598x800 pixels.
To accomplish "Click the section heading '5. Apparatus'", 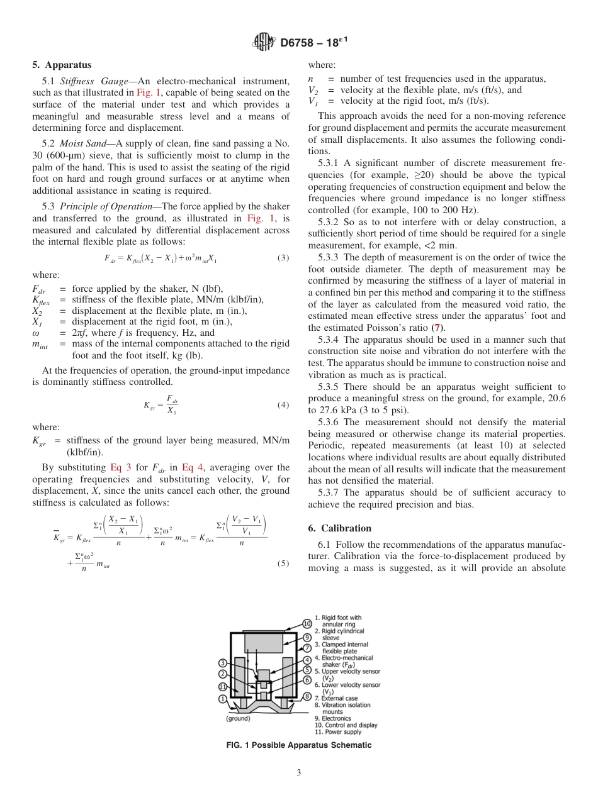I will click(62, 65).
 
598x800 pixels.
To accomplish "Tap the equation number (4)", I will click(283, 404).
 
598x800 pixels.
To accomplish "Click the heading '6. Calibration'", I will click(340, 528).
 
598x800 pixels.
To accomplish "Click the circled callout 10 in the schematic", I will click(307, 624).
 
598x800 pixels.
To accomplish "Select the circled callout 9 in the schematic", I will click(307, 637).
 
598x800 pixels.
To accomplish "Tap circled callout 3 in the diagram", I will click(223, 663).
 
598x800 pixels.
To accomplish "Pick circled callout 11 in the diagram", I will click(223, 686).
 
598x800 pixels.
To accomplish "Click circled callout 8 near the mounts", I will click(307, 696).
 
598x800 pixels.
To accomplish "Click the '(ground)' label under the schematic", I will click(238, 718).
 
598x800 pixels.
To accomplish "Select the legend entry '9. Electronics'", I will click(334, 718).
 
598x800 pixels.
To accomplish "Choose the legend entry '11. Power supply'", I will click(337, 731).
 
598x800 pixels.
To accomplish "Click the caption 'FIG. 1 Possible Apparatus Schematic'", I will click(298, 745).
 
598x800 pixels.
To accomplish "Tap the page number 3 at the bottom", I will click(298, 773).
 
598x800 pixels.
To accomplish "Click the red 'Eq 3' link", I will click(120, 467).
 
